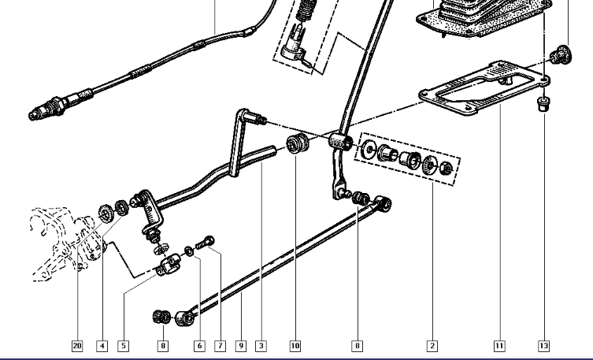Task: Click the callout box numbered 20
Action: [x=77, y=346]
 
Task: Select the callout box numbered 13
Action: [x=544, y=346]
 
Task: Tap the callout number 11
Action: [x=499, y=346]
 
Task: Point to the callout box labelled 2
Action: [x=432, y=346]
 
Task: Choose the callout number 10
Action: [x=295, y=346]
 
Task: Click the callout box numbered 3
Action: [x=261, y=346]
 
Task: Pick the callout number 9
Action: [x=241, y=346]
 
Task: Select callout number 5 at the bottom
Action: [x=124, y=346]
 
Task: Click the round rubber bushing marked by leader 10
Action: [x=297, y=143]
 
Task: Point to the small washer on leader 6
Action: [x=189, y=251]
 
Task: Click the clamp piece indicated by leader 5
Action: [x=169, y=265]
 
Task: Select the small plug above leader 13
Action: [x=544, y=104]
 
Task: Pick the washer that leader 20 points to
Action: [x=106, y=213]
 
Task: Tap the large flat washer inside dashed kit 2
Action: [x=368, y=150]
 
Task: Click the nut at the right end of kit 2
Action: [x=447, y=168]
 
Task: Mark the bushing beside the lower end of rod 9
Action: [x=162, y=317]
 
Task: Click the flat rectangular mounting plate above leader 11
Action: [x=484, y=87]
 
